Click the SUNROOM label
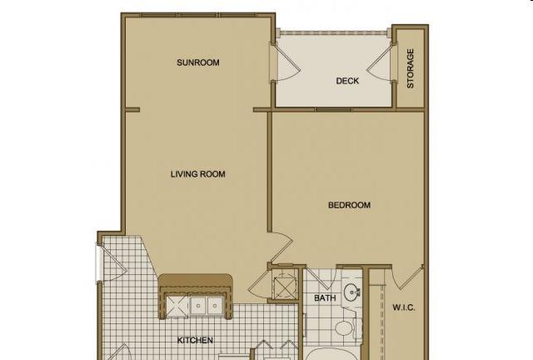tap(198, 62)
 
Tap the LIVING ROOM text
tap(198, 174)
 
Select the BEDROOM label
tap(349, 205)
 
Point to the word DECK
tap(347, 81)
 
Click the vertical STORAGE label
tap(411, 68)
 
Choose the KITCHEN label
tap(195, 340)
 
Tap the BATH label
tap(325, 298)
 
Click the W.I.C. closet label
tap(404, 307)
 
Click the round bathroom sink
tap(351, 292)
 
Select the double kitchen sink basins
tap(207, 306)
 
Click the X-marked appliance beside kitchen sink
tap(177, 307)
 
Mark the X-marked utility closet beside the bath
tap(285, 284)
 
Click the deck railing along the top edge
tap(333, 32)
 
